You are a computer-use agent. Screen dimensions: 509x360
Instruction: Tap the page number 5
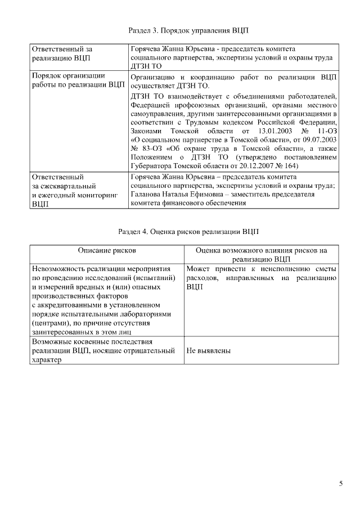click(x=341, y=483)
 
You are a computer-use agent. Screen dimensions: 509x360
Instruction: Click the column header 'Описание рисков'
click(x=107, y=249)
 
